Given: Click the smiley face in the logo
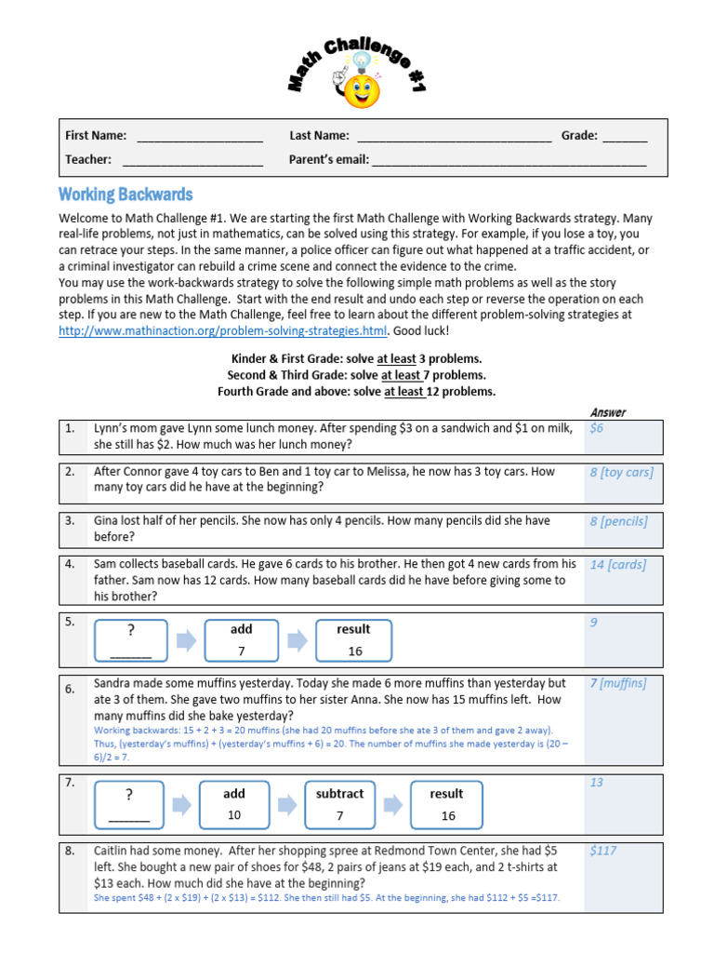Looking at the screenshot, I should point(362,90).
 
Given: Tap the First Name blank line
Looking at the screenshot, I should point(200,136).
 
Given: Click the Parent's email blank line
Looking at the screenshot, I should point(509,160).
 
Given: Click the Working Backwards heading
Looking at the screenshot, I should point(126,195).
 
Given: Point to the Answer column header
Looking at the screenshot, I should point(608,412).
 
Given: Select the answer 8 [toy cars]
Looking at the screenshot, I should point(621,472).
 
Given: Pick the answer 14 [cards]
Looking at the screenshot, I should point(617,564).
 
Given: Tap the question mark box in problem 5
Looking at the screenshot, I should point(131,640).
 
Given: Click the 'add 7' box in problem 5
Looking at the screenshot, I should point(242,640).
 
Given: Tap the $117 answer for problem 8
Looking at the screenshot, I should point(603,851).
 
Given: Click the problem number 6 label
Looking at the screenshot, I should point(70,690).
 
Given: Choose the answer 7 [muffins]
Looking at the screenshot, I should point(617,684).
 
